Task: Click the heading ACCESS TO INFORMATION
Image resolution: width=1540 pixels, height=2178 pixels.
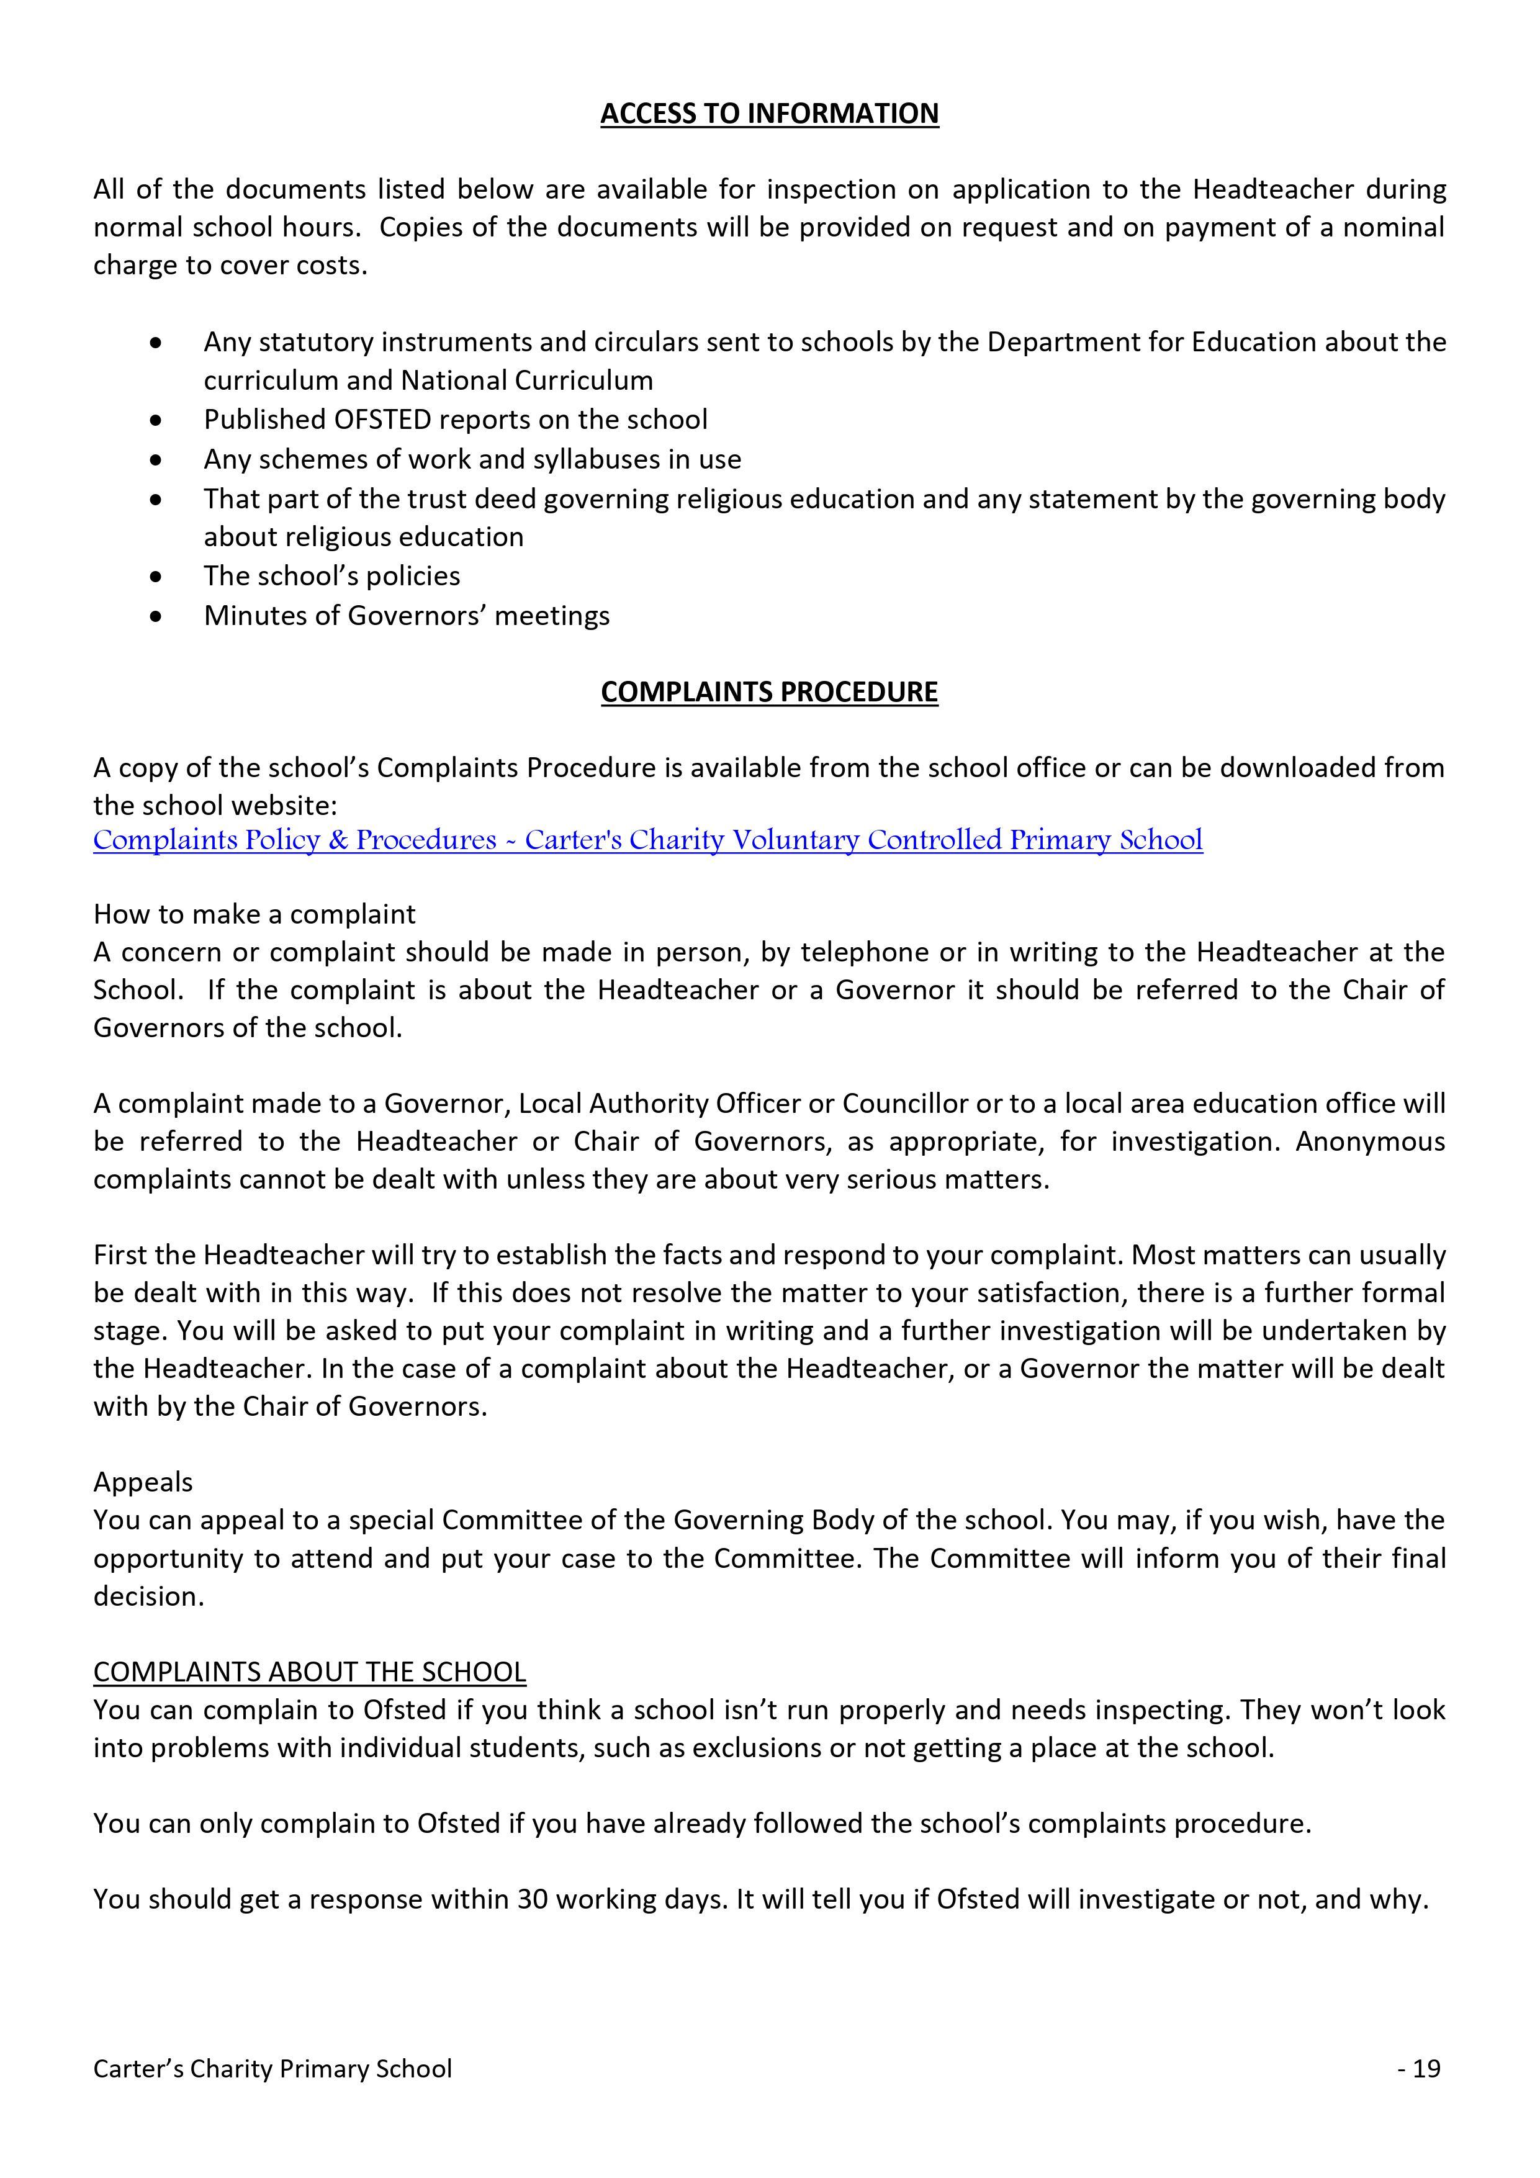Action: pyautogui.click(x=770, y=114)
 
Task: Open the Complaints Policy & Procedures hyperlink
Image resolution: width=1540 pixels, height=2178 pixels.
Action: pyautogui.click(x=647, y=840)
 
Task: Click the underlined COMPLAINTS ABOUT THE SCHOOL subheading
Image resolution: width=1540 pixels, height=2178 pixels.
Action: pyautogui.click(x=309, y=1672)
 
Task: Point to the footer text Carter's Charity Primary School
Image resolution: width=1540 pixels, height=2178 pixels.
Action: pyautogui.click(x=272, y=2068)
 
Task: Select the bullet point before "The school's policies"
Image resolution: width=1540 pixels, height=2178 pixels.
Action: pyautogui.click(x=156, y=577)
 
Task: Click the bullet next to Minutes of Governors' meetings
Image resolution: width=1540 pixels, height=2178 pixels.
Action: pyautogui.click(x=156, y=616)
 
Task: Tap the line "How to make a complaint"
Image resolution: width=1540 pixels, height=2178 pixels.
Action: pyautogui.click(x=254, y=914)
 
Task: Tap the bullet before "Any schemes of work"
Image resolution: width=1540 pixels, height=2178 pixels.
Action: pyautogui.click(x=156, y=460)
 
